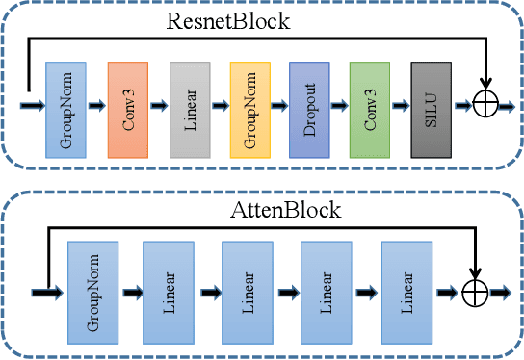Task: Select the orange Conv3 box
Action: (128, 110)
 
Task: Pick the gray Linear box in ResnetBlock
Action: (189, 110)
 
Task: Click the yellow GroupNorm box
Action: (249, 110)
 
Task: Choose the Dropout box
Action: (310, 110)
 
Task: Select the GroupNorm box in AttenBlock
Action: (93, 294)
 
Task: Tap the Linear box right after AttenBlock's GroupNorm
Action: (170, 294)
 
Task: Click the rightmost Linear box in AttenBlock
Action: (406, 294)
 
